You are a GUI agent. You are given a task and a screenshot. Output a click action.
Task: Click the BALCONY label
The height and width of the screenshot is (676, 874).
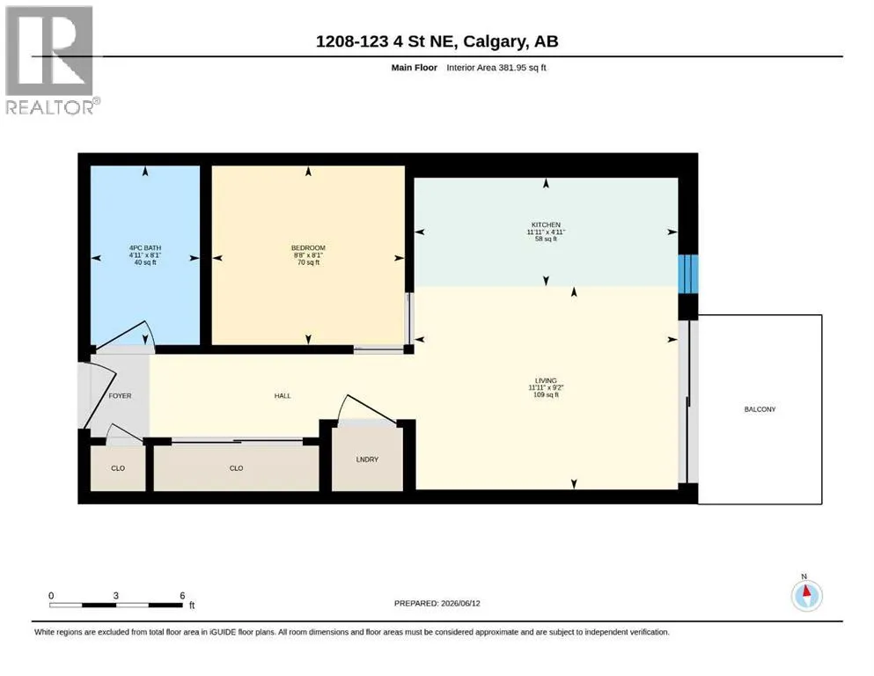[760, 409]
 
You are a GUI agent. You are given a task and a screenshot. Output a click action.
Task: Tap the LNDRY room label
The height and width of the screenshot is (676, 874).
[367, 459]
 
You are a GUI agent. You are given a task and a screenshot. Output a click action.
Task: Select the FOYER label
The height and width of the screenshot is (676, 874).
[120, 396]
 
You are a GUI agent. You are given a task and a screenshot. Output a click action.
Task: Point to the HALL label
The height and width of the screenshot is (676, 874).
[283, 396]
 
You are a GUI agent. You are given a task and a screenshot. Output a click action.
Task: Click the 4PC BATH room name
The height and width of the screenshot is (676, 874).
[145, 248]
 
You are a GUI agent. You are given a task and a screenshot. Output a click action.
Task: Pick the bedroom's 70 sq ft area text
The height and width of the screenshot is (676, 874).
[308, 262]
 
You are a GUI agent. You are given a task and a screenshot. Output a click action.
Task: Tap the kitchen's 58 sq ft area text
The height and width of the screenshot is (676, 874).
[546, 239]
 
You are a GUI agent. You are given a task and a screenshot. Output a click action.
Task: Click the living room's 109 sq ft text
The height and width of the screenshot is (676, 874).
[546, 395]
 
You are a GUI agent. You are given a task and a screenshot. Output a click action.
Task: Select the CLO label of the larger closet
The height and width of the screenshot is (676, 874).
[237, 468]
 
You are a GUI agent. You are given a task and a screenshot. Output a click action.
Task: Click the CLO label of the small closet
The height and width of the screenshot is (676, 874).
[118, 468]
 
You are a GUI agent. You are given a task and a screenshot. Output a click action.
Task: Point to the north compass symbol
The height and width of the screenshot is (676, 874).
[806, 595]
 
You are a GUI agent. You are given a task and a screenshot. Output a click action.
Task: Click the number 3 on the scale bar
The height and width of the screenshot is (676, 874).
[116, 596]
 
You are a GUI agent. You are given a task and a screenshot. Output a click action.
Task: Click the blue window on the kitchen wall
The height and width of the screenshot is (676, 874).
[687, 274]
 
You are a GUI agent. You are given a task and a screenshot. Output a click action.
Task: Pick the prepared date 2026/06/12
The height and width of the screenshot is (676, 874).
[460, 603]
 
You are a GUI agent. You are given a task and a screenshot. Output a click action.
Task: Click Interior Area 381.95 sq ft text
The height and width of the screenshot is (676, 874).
[496, 68]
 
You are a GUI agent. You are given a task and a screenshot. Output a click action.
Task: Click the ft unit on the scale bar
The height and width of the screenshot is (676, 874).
[192, 606]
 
